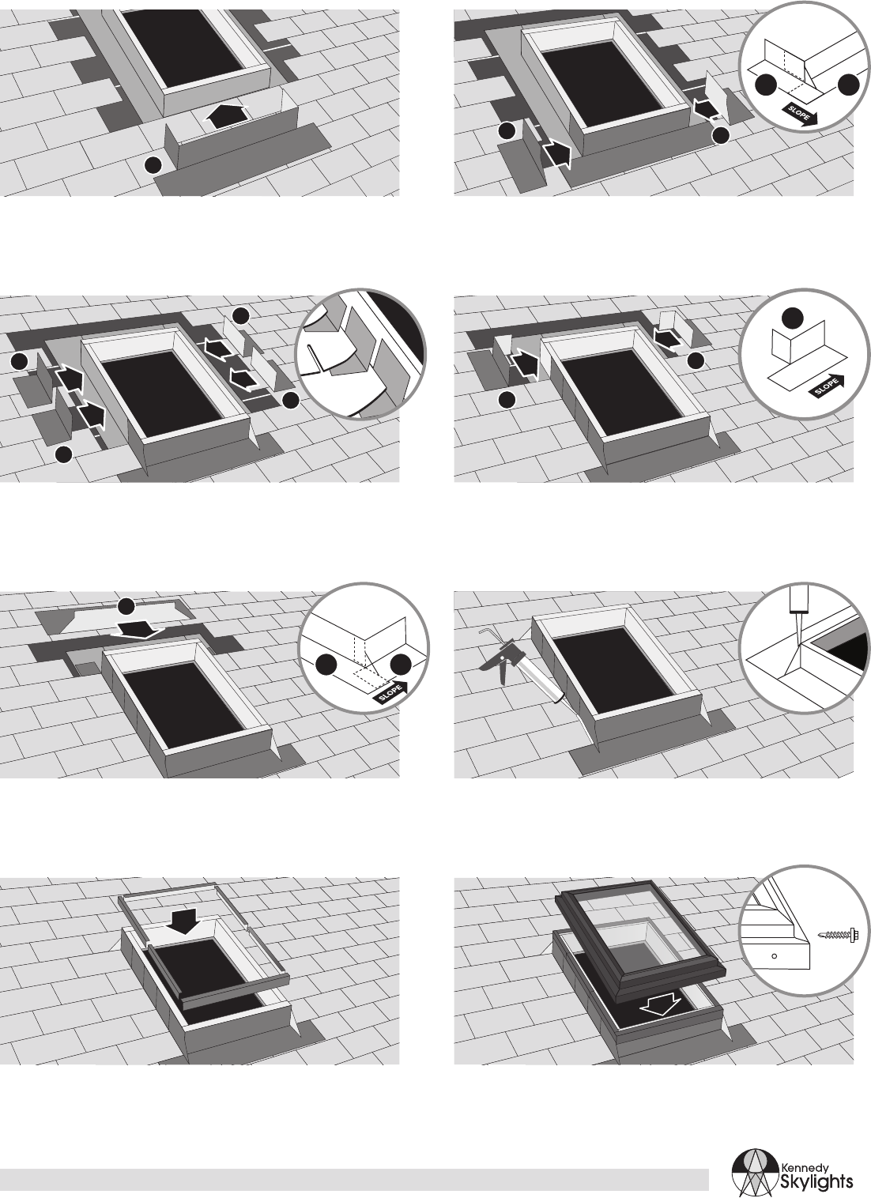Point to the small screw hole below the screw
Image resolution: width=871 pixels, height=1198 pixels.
[x=774, y=955]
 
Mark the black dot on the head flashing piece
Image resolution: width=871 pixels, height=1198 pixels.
[x=126, y=606]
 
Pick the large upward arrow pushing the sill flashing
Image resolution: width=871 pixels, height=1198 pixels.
[x=227, y=115]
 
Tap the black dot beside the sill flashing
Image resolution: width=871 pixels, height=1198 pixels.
[x=153, y=164]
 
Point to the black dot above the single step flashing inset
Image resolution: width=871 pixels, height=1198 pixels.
[x=793, y=318]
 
